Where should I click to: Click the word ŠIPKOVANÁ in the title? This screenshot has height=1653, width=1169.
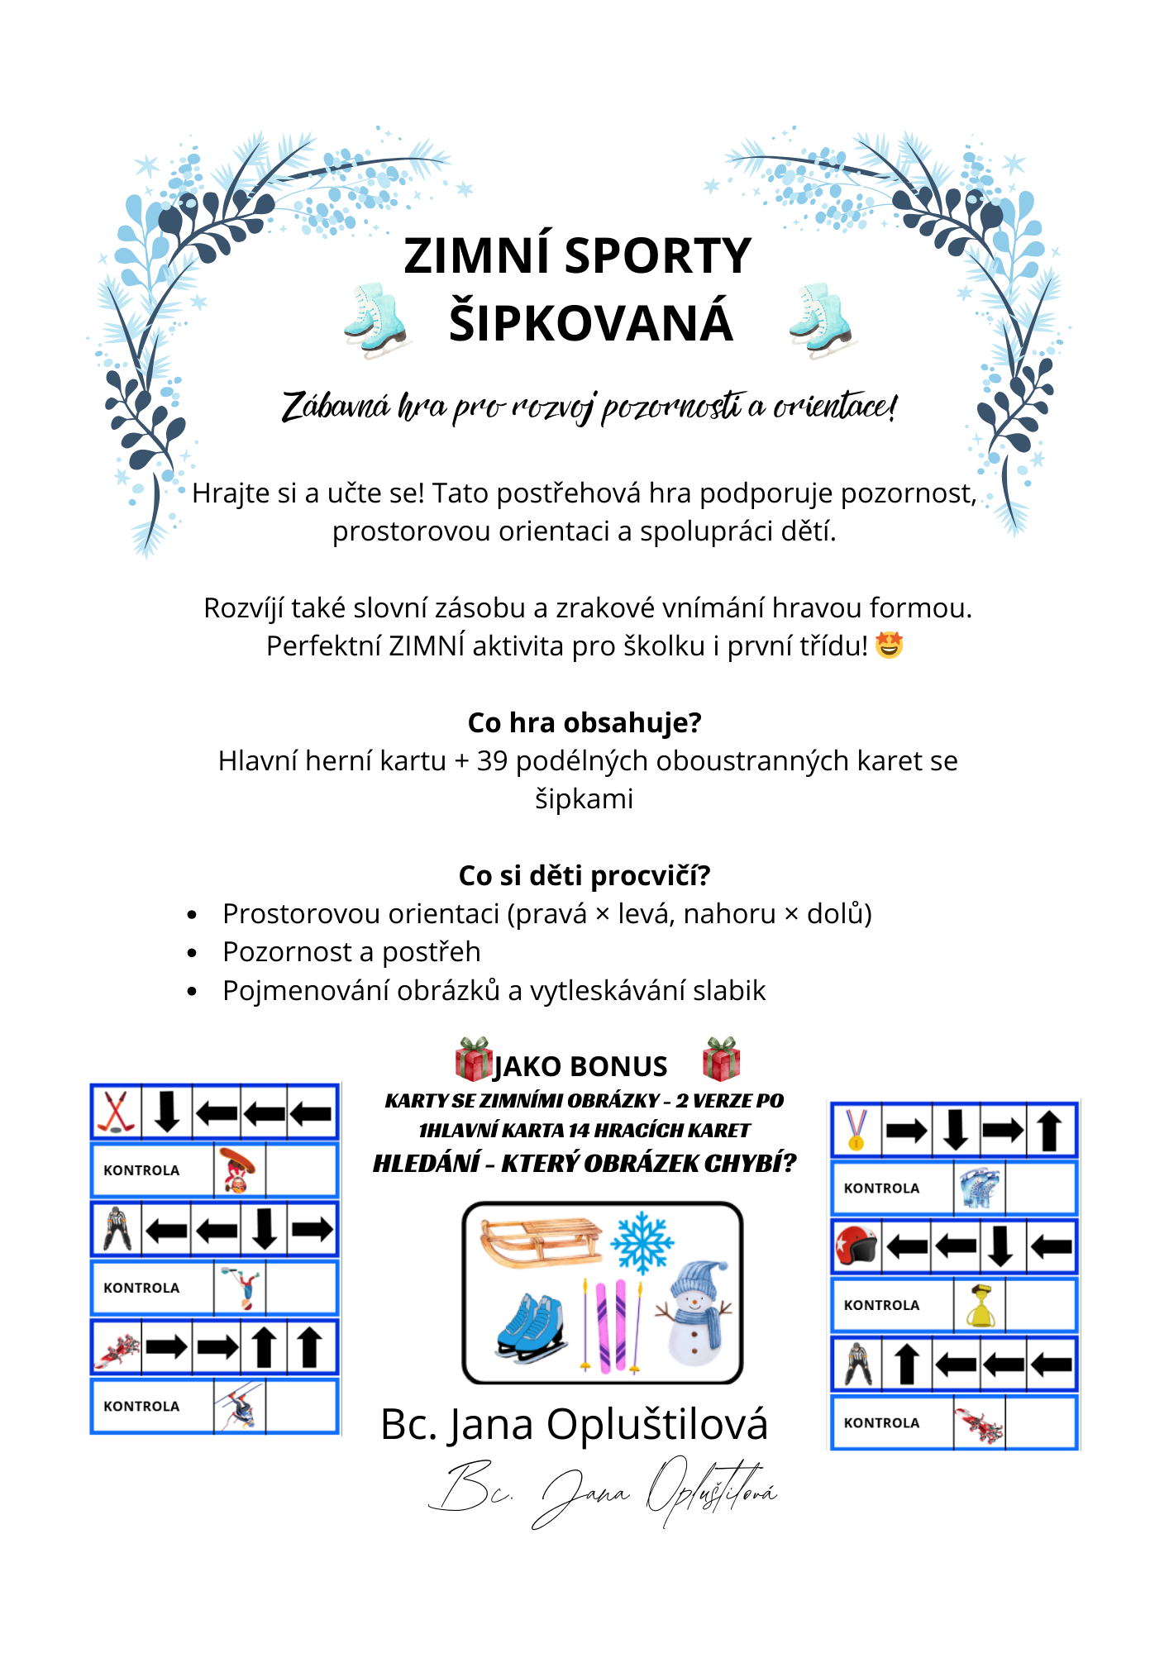pyautogui.click(x=590, y=322)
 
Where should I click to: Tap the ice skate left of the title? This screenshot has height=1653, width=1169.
pyautogui.click(x=376, y=319)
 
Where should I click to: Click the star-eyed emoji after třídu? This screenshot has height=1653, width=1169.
pyautogui.click(x=889, y=645)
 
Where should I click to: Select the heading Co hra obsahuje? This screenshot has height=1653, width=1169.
pyautogui.click(x=584, y=722)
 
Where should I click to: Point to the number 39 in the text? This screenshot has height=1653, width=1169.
pyautogui.click(x=492, y=760)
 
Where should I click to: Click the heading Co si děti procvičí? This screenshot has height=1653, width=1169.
pyautogui.click(x=584, y=875)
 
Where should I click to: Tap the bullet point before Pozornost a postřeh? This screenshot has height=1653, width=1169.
pyautogui.click(x=192, y=953)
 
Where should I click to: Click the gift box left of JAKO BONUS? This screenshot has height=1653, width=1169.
pyautogui.click(x=474, y=1060)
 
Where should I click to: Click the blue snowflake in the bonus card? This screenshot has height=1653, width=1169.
pyautogui.click(x=642, y=1241)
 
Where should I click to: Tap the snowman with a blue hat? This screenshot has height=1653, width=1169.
pyautogui.click(x=694, y=1314)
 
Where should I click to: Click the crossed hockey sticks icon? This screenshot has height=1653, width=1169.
pyautogui.click(x=117, y=1112)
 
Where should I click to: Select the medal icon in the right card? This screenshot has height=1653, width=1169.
pyautogui.click(x=856, y=1129)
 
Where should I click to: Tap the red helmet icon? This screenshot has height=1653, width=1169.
pyautogui.click(x=856, y=1246)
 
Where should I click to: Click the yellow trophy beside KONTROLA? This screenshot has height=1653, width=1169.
pyautogui.click(x=980, y=1306)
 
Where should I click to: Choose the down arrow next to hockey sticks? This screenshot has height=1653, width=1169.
pyautogui.click(x=167, y=1112)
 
